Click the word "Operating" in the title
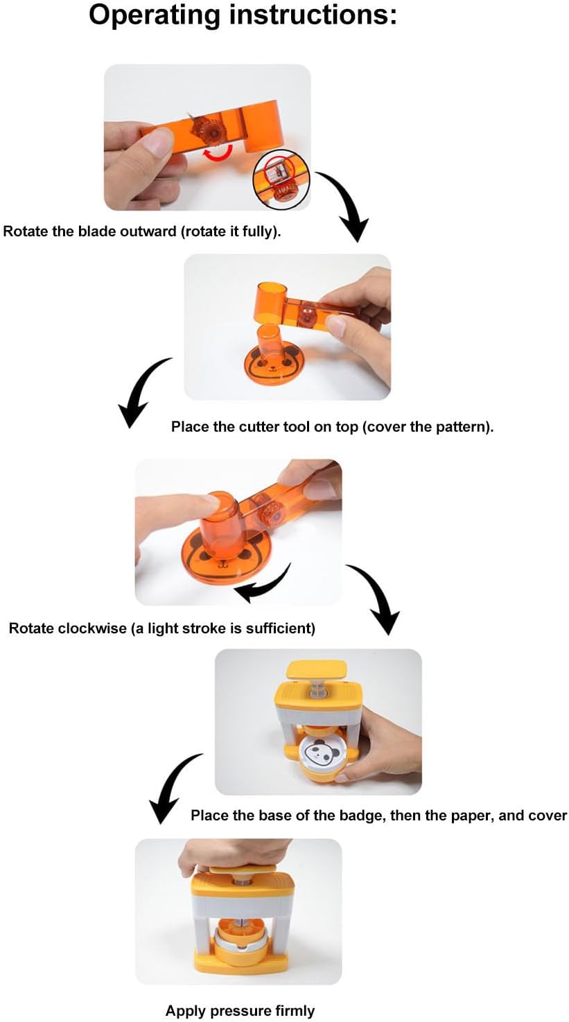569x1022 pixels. [155, 15]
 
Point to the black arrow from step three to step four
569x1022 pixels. [376, 597]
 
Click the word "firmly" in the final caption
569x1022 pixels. [295, 1011]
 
